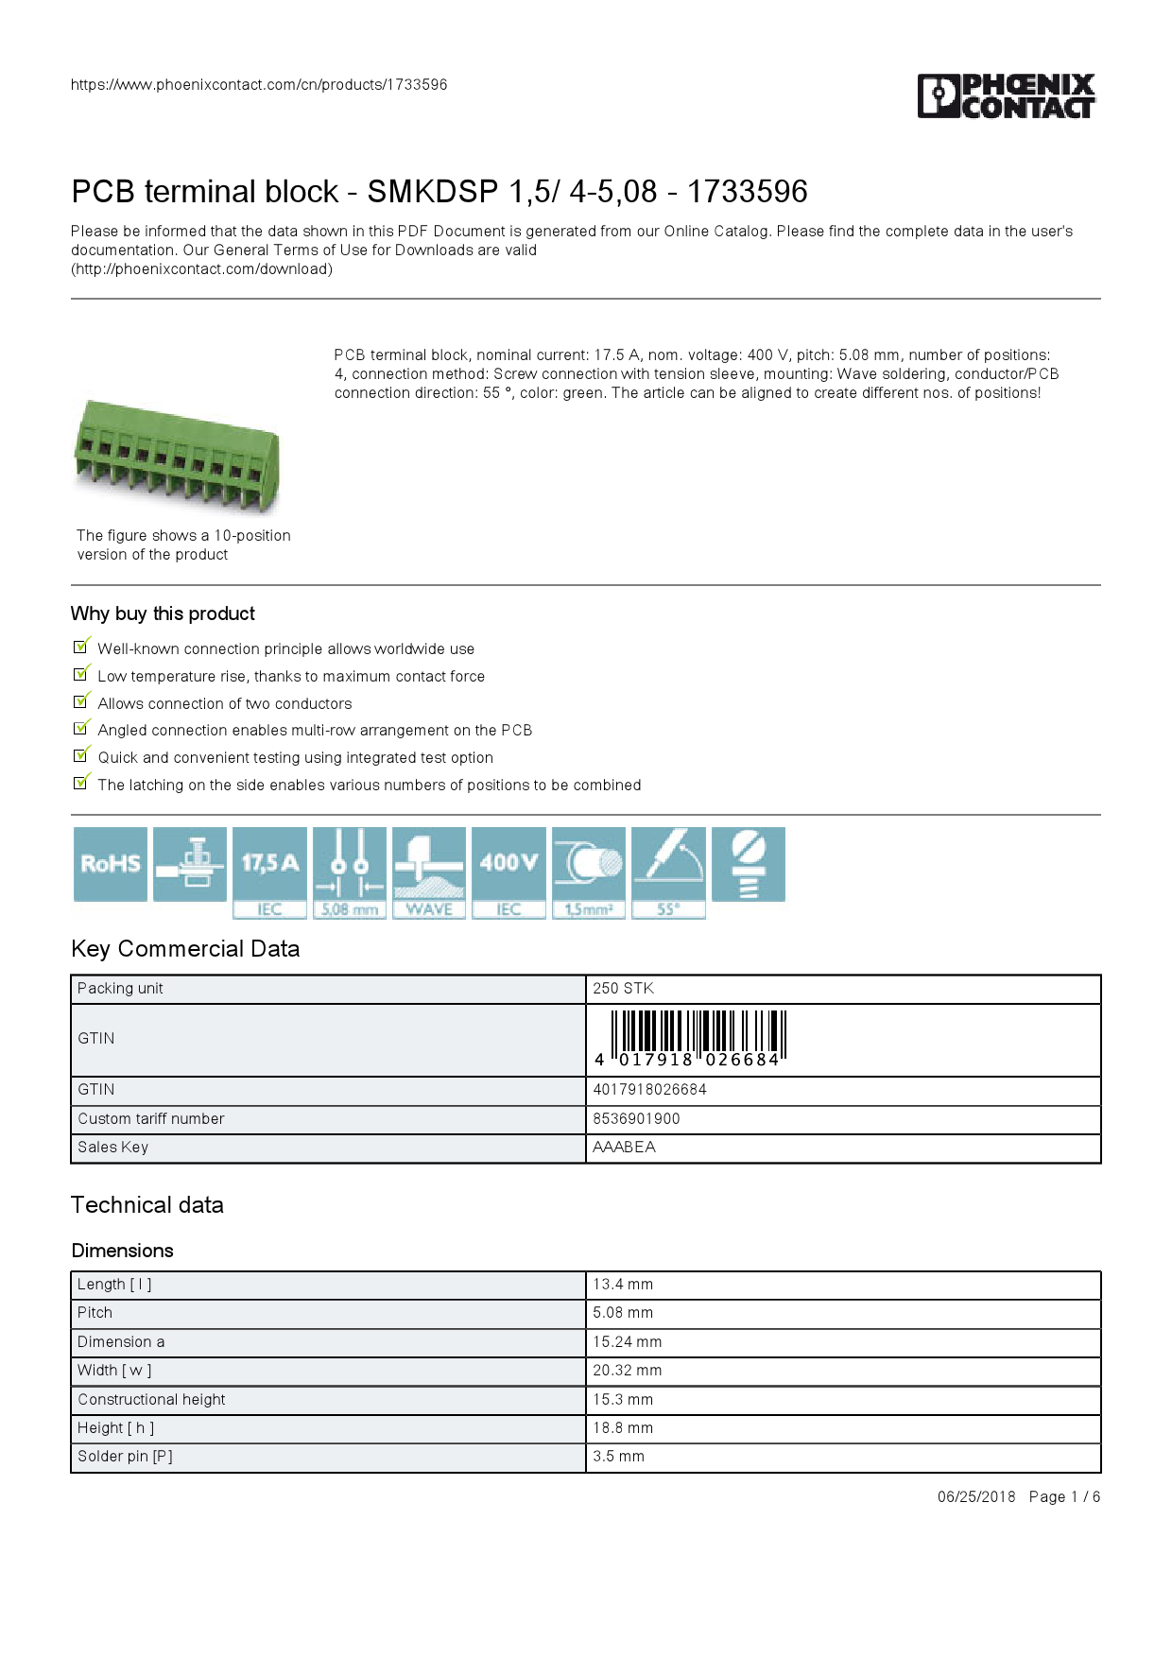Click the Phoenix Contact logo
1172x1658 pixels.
click(1007, 95)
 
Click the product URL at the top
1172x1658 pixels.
click(259, 85)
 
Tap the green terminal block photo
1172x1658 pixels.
click(177, 456)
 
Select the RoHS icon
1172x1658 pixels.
click(111, 864)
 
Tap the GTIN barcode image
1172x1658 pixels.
click(698, 1039)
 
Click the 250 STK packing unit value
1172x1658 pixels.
click(623, 989)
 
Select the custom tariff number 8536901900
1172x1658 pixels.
click(636, 1119)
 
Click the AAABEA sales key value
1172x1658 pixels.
click(624, 1148)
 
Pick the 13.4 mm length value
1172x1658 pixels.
click(623, 1285)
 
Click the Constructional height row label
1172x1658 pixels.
click(151, 1400)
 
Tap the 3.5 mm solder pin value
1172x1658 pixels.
click(618, 1457)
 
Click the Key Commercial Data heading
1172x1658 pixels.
click(185, 949)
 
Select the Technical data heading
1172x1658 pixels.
click(147, 1205)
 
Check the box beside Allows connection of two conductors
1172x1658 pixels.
click(81, 702)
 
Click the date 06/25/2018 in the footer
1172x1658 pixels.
click(976, 1497)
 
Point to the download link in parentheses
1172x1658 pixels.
click(202, 269)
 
